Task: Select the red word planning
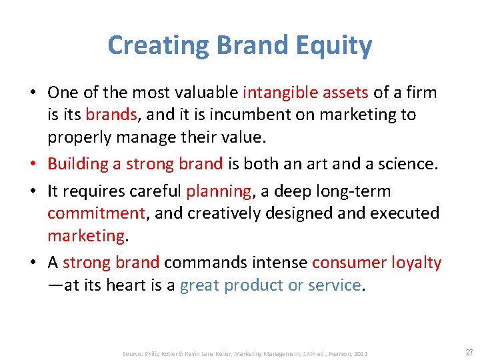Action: (x=218, y=191)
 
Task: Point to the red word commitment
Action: (x=96, y=213)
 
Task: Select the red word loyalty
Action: (x=419, y=263)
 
